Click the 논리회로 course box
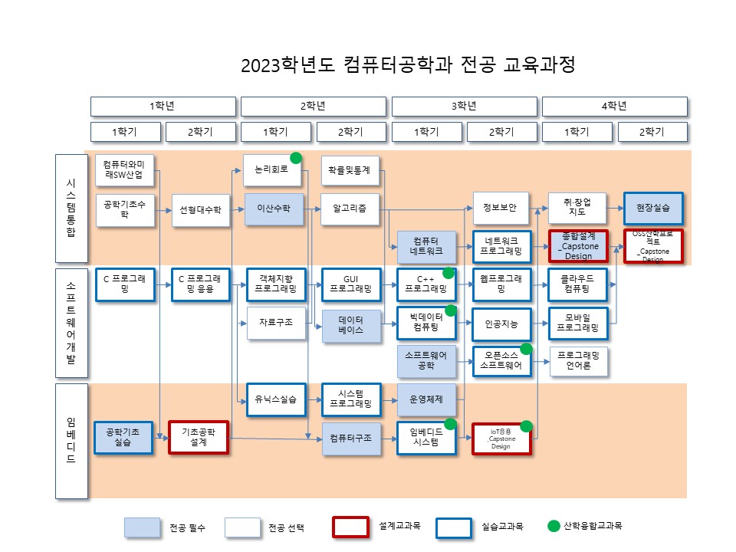pyautogui.click(x=272, y=170)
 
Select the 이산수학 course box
pyautogui.click(x=274, y=209)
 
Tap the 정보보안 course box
pyautogui.click(x=501, y=209)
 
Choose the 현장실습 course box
pyautogui.click(x=652, y=209)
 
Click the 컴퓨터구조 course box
pyautogui.click(x=350, y=439)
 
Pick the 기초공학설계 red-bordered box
pyautogui.click(x=199, y=438)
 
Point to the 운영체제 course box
pyautogui.click(x=426, y=399)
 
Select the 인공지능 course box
pyautogui.click(x=501, y=324)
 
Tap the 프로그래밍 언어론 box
pyautogui.click(x=578, y=361)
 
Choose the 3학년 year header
pyautogui.click(x=464, y=106)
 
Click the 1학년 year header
pyautogui.click(x=163, y=106)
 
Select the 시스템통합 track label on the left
pyautogui.click(x=71, y=208)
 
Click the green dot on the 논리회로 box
pyautogui.click(x=295, y=158)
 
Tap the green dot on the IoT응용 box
pyautogui.click(x=527, y=426)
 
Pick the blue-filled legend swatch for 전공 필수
pyautogui.click(x=143, y=527)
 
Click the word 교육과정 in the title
pyautogui.click(x=539, y=64)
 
